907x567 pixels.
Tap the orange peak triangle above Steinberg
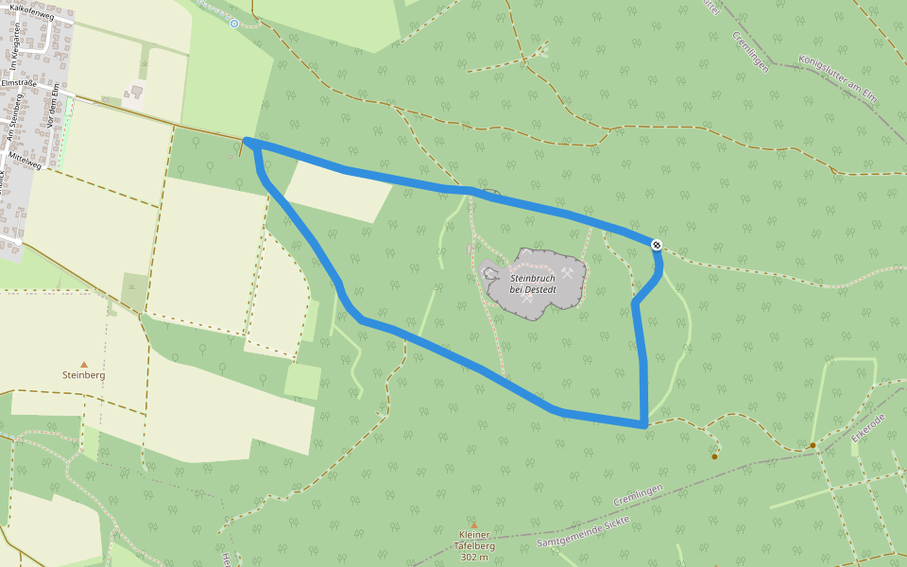(x=83, y=364)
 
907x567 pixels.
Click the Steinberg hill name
(x=83, y=375)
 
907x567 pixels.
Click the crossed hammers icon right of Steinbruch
(x=567, y=273)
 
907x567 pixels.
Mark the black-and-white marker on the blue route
(x=657, y=245)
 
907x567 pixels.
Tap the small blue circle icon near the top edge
(x=234, y=24)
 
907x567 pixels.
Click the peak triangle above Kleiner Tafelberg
(x=474, y=525)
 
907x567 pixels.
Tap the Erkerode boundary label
(x=867, y=427)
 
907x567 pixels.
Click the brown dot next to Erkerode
(x=813, y=445)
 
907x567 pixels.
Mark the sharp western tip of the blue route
(x=247, y=141)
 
